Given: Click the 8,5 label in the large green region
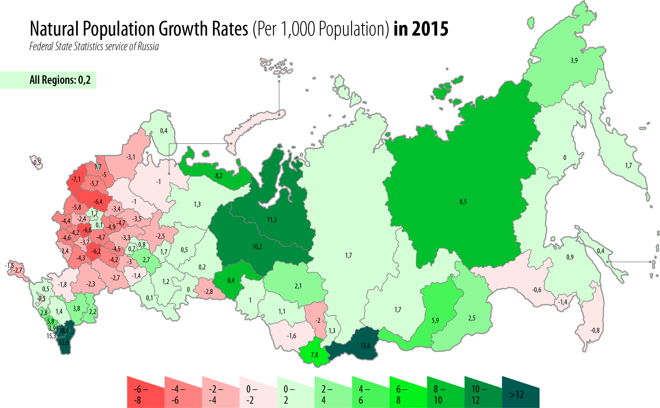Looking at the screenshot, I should click(x=463, y=202).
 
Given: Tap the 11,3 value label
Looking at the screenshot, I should click(x=272, y=220).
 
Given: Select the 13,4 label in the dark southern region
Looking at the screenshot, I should click(x=365, y=346).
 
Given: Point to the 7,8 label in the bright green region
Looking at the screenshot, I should click(x=314, y=355).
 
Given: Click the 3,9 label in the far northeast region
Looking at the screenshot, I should click(x=574, y=60).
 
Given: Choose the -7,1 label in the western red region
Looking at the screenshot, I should click(x=76, y=179).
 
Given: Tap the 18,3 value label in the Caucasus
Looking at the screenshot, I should click(x=64, y=331).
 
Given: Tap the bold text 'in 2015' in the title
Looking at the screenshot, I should click(x=421, y=29).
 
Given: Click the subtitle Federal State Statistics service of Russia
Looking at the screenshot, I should click(x=94, y=47).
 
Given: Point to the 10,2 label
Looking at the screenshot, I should click(x=257, y=247).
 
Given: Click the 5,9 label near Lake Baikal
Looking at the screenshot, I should click(x=435, y=320).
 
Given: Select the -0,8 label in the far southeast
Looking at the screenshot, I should click(x=595, y=330).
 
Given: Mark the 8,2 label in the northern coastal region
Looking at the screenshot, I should click(x=219, y=176).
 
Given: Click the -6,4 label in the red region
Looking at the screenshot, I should click(x=98, y=202).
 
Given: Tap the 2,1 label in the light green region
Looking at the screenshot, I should click(x=298, y=286).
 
